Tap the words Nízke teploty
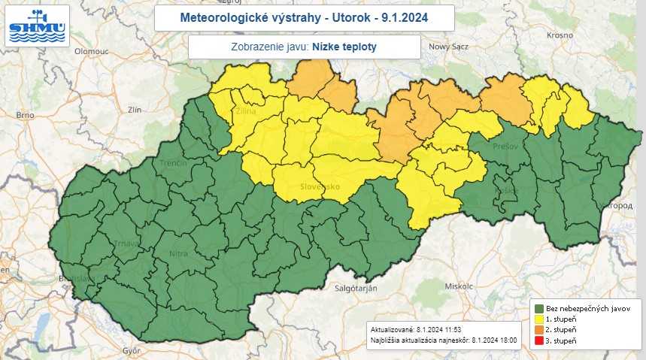click(344, 47)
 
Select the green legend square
click(539, 308)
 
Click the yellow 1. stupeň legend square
click(539, 319)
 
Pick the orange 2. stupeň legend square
click(539, 331)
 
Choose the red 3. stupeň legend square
click(539, 342)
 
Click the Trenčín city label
click(172, 162)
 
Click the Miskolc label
click(458, 286)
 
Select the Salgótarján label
click(353, 288)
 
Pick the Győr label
click(132, 350)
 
